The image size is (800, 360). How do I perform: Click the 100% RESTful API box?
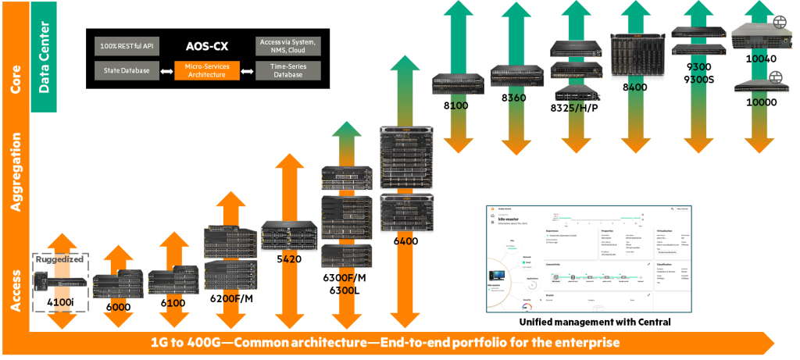coord(126,46)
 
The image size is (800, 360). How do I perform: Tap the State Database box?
coord(126,71)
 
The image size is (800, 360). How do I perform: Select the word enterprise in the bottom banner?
coord(589,343)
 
